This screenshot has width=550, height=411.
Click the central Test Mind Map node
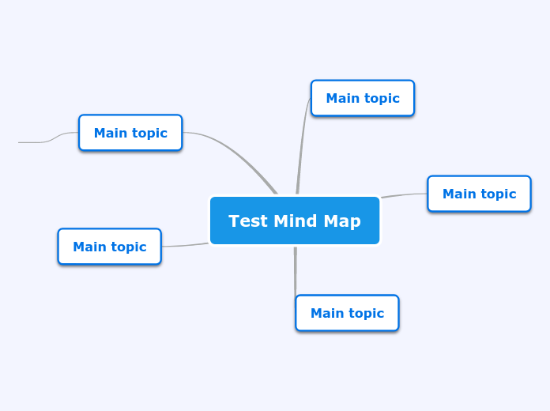click(x=295, y=221)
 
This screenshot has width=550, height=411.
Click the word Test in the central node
click(x=247, y=221)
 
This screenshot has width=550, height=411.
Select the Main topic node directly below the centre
click(x=347, y=313)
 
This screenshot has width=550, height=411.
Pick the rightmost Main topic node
click(x=479, y=194)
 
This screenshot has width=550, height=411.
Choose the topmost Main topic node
click(x=363, y=98)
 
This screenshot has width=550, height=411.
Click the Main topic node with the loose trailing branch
click(x=130, y=133)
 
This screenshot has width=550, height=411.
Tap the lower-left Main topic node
click(x=109, y=247)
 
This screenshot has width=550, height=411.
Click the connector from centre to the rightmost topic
click(x=405, y=194)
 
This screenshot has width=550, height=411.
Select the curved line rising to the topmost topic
click(x=301, y=146)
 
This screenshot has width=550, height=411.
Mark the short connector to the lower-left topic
click(x=186, y=245)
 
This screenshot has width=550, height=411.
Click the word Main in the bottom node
click(x=328, y=314)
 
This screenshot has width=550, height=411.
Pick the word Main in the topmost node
click(x=343, y=99)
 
